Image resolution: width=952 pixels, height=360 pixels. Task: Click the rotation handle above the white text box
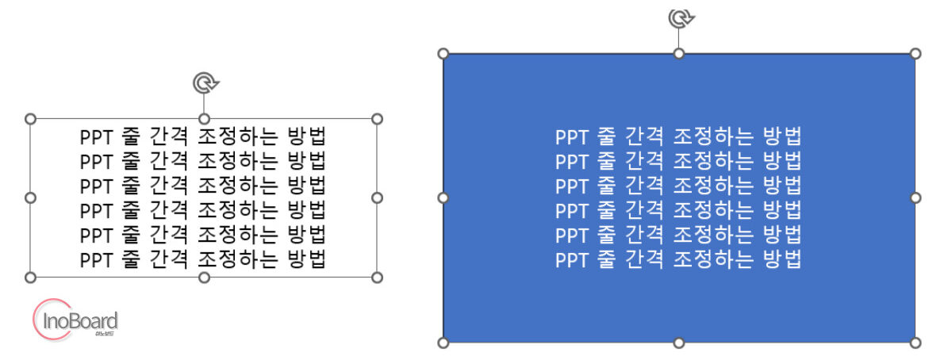pos(205,83)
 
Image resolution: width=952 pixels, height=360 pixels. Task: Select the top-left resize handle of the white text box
pos(31,119)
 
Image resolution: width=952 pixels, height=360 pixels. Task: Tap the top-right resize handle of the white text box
pos(377,119)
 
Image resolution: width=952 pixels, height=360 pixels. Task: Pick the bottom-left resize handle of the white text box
pos(31,278)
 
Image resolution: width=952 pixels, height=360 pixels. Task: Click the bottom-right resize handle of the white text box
pos(377,278)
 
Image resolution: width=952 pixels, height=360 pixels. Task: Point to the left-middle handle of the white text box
pos(31,198)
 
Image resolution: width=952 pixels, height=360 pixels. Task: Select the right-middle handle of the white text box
pos(377,198)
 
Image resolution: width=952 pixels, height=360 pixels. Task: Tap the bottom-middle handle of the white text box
pos(204,278)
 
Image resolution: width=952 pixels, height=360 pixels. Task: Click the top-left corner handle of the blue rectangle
pos(443,54)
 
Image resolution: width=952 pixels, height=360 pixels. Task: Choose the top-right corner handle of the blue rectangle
pos(916,54)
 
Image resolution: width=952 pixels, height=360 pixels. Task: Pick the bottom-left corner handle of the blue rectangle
pos(443,343)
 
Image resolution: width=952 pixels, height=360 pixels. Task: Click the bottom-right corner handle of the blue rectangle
pos(916,343)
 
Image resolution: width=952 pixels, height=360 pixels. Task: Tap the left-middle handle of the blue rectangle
pos(443,198)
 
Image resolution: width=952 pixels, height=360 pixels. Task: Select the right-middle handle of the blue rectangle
pos(916,198)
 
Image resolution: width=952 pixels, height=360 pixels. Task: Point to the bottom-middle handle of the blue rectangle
pos(679,343)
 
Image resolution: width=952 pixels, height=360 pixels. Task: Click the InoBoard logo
pos(75,320)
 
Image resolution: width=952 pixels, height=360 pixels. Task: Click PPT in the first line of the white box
pos(97,137)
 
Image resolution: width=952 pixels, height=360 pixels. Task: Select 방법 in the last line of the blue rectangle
pos(782,259)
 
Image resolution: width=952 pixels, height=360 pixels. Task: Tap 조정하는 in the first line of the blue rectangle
pos(713,136)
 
